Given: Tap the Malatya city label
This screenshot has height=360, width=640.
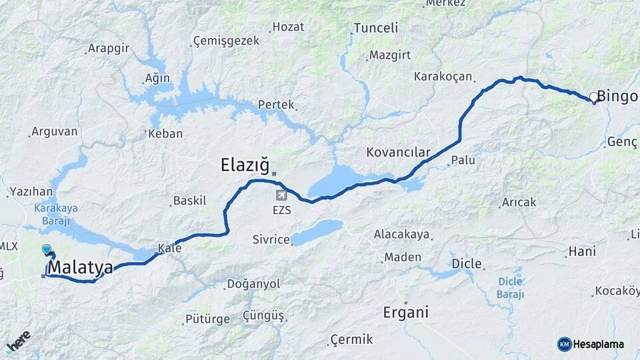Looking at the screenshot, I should (81, 267).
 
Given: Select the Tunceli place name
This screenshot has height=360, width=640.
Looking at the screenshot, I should (375, 28).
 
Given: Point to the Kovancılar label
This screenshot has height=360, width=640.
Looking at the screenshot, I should (398, 152).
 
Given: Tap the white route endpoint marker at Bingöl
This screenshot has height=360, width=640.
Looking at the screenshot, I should (593, 97).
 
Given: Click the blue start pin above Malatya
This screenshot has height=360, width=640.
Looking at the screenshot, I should (46, 250).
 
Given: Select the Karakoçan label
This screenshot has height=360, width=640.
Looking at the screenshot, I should (443, 76).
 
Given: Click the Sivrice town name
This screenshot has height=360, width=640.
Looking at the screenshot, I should (271, 239).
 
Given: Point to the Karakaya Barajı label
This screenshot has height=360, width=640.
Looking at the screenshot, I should (56, 213).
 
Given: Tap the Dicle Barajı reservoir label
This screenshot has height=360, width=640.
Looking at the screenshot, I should (511, 287).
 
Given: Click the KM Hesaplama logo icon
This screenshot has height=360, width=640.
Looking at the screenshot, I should (565, 344).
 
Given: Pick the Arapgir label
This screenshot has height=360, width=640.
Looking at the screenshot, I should (109, 49).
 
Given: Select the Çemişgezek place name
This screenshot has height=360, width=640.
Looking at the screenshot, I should (225, 41).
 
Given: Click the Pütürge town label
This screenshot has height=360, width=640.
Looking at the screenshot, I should (207, 320).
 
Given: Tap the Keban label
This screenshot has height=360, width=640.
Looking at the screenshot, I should (165, 133).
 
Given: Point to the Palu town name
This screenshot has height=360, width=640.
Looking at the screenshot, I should (463, 160).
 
